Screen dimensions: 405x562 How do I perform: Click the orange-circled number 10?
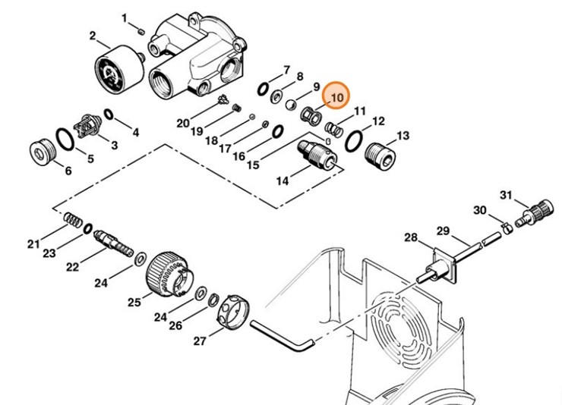[x=336, y=97]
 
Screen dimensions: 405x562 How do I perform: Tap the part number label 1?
[x=125, y=17]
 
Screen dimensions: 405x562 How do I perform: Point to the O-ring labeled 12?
[x=354, y=140]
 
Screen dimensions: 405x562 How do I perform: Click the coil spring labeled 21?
[x=72, y=219]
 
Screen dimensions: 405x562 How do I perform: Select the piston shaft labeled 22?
[x=112, y=245]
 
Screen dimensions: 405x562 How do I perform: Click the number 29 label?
[x=443, y=231]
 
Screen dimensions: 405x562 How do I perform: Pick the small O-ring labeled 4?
[x=108, y=115]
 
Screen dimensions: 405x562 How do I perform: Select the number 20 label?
[x=183, y=123]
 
